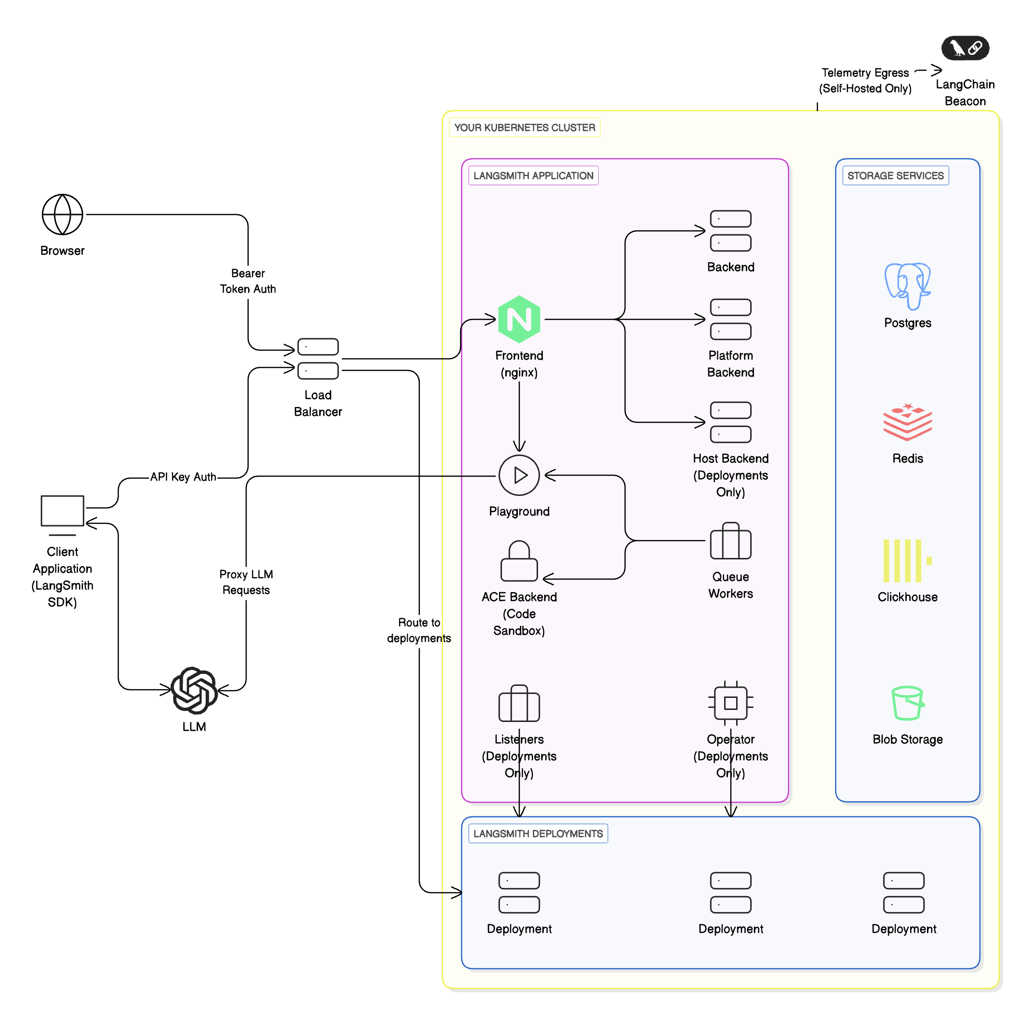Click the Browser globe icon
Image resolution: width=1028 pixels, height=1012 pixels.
62,214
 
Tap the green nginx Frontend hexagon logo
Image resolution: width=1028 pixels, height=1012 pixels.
518,319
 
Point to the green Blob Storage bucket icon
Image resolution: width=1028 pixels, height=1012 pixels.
907,703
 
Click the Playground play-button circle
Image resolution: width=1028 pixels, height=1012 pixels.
518,475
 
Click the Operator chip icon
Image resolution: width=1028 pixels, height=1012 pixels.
730,703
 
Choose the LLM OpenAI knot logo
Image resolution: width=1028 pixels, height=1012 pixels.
194,690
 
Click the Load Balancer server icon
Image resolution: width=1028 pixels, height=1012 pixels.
318,358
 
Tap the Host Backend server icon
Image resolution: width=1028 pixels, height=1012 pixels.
730,422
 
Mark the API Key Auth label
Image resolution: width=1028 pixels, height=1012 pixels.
183,477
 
